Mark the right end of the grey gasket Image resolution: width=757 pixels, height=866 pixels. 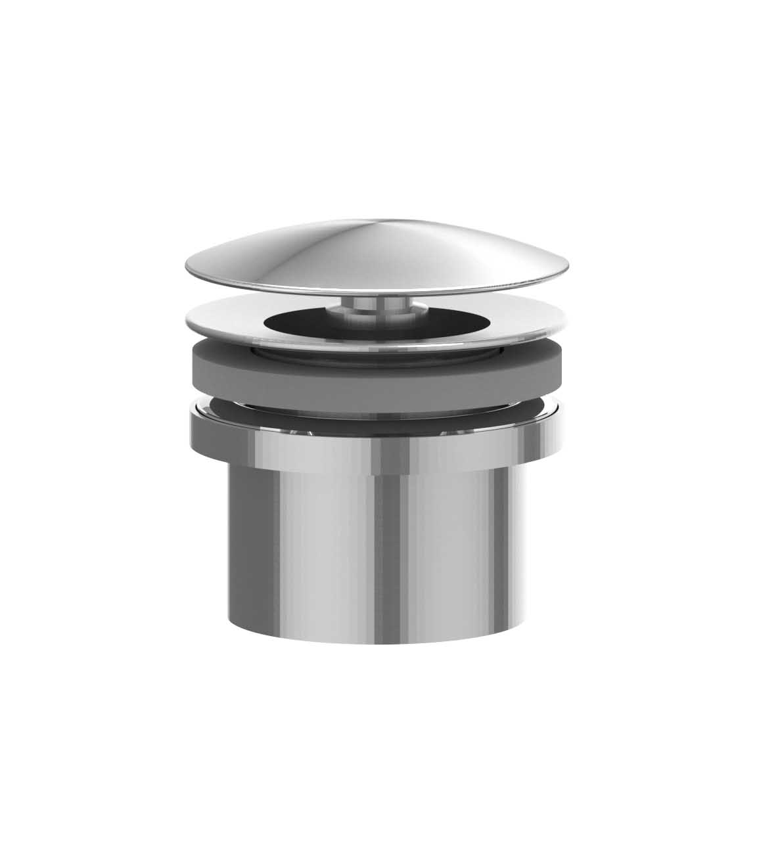[x=557, y=368]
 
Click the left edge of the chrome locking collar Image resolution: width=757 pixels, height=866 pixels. [x=191, y=427]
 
